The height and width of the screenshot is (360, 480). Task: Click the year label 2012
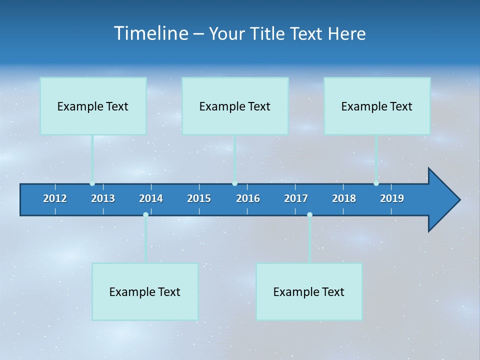pyautogui.click(x=55, y=198)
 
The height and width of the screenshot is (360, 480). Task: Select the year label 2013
pyautogui.click(x=103, y=198)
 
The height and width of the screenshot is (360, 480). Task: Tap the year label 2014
pyautogui.click(x=151, y=198)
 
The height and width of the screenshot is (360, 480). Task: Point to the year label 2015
pyautogui.click(x=199, y=198)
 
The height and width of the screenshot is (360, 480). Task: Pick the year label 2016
pyautogui.click(x=248, y=198)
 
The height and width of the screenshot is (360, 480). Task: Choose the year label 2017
pyautogui.click(x=296, y=198)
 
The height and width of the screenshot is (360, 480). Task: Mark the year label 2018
pyautogui.click(x=344, y=198)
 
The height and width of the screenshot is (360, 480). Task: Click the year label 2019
pyautogui.click(x=392, y=198)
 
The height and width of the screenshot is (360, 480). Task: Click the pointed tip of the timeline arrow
pyautogui.click(x=458, y=200)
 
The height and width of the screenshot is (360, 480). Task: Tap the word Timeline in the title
pyautogui.click(x=150, y=33)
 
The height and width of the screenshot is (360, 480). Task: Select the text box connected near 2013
pyautogui.click(x=93, y=106)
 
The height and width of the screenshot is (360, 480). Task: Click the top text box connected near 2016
pyautogui.click(x=235, y=106)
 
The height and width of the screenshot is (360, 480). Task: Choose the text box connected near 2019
pyautogui.click(x=377, y=106)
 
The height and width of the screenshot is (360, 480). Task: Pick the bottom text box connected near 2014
pyautogui.click(x=145, y=291)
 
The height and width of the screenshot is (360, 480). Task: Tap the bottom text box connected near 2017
pyautogui.click(x=309, y=291)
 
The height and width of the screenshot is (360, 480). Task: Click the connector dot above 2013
pyautogui.click(x=92, y=183)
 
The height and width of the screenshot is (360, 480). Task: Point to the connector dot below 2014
pyautogui.click(x=145, y=214)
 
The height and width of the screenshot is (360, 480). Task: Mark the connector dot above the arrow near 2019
pyautogui.click(x=376, y=183)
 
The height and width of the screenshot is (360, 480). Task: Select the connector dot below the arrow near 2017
pyautogui.click(x=309, y=214)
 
